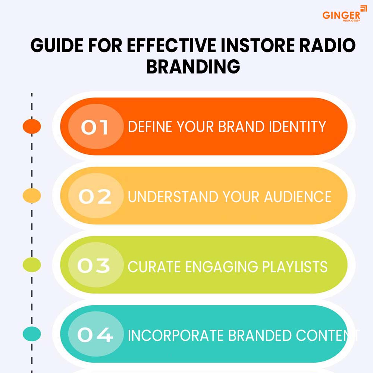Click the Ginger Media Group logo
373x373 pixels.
[x=345, y=14]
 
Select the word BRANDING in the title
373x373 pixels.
[x=193, y=66]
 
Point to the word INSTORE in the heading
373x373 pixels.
[x=258, y=45]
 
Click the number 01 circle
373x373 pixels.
[x=96, y=126]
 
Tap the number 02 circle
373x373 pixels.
[x=96, y=196]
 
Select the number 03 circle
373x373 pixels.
[x=96, y=265]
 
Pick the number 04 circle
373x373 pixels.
[x=96, y=334]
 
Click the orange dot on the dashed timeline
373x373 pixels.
[x=32, y=126]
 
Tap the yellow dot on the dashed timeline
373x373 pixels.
[x=32, y=195]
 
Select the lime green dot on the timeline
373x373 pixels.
[x=32, y=265]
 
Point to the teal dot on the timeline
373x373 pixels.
[x=32, y=334]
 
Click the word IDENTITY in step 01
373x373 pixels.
[x=297, y=126]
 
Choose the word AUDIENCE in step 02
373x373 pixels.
[x=298, y=197]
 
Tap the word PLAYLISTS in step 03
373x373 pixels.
[x=295, y=267]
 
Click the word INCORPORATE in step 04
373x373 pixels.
[x=176, y=336]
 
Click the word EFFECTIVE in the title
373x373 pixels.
[x=172, y=45]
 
